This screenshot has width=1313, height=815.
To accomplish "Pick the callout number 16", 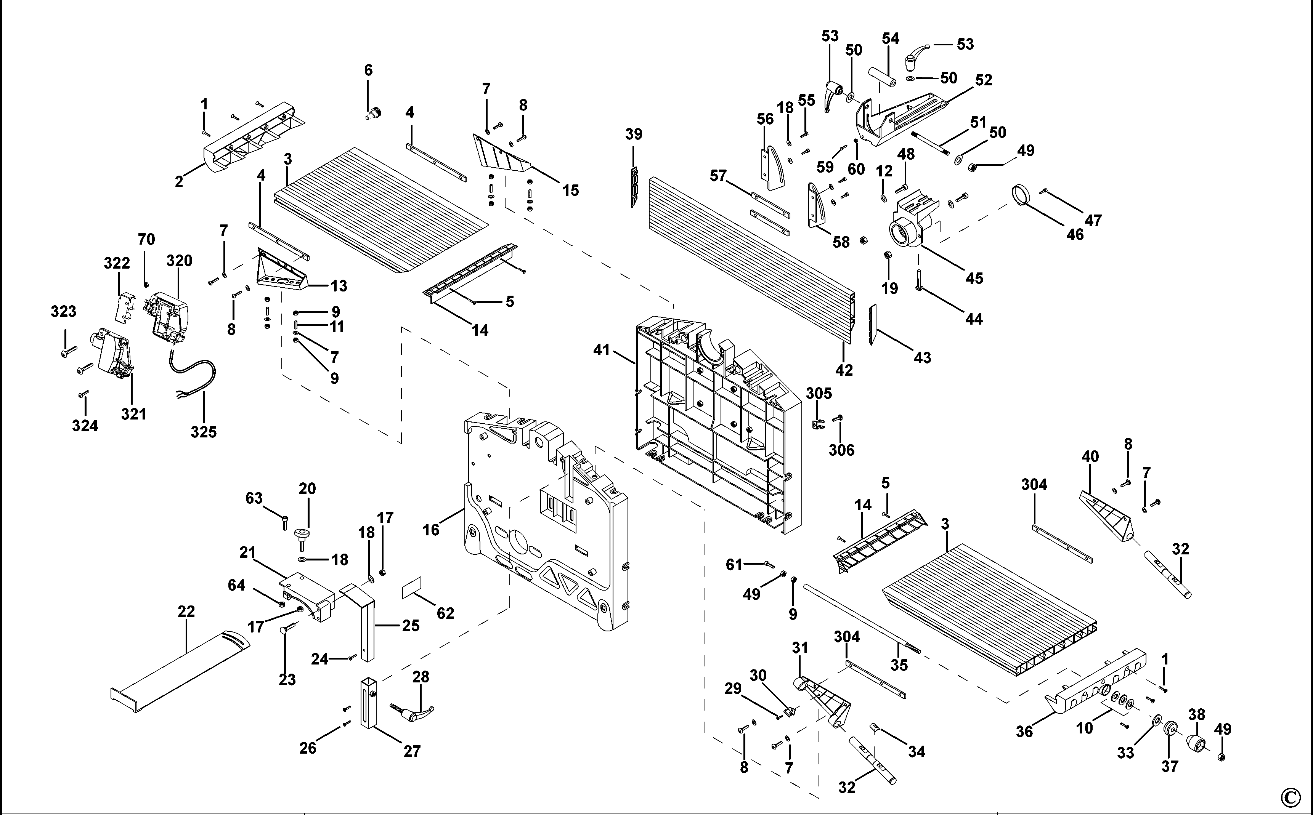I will [431, 530].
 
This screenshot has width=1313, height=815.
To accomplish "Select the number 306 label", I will [841, 450].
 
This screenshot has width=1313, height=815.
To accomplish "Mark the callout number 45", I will [974, 278].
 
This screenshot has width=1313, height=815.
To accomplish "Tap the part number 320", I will [179, 261].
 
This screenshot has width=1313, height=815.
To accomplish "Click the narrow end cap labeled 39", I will [634, 186].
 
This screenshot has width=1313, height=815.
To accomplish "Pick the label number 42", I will [844, 370].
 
